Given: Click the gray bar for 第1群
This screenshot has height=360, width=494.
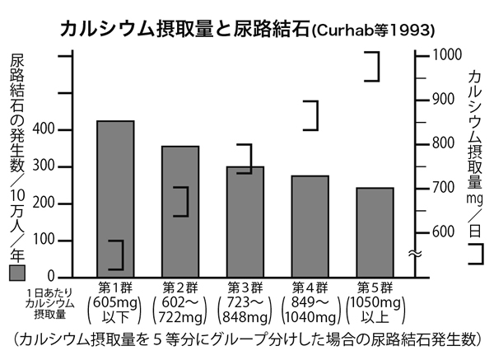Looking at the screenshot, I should click(115, 199).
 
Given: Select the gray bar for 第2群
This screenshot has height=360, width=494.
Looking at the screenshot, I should click(180, 211).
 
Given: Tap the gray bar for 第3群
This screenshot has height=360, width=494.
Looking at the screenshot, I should click(245, 222).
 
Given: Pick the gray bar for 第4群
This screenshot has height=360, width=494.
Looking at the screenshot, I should click(310, 226).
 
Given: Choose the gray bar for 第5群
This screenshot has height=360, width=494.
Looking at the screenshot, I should click(375, 232).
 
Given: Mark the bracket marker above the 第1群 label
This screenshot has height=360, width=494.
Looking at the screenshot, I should click(116, 255).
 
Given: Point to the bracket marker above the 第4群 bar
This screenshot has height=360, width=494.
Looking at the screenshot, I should click(310, 115).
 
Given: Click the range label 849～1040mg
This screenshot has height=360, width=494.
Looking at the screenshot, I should click(310, 313).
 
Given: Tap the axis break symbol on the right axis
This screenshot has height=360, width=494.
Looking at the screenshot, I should click(415, 254).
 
